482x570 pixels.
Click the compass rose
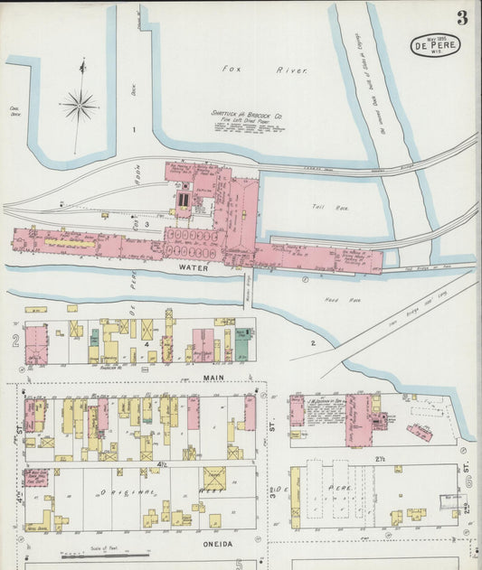pos(80,106)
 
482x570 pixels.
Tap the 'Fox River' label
pos(265,70)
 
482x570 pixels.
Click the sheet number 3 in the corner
pos(462,18)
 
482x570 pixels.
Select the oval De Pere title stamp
pos(436,45)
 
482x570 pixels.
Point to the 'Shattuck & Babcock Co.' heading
pos(250,115)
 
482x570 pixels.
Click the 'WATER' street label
pos(193,268)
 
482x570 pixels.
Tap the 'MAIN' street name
pos(213,377)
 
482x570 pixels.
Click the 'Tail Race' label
pos(324,207)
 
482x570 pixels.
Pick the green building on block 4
pos(242,344)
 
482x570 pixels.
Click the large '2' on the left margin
pos(15,341)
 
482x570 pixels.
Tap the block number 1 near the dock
pos(133,130)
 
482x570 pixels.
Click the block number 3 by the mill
pos(146,222)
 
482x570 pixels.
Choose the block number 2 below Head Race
pos(313,343)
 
